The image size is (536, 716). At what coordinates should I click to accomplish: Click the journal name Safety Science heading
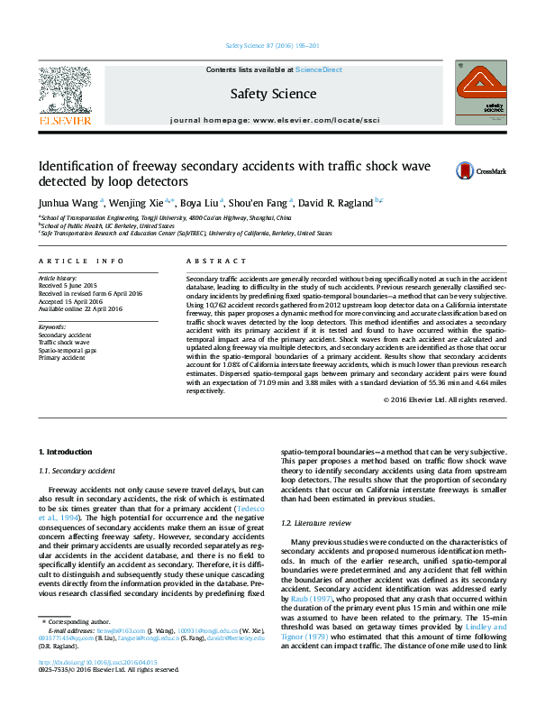tap(273, 94)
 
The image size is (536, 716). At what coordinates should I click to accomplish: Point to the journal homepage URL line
tap(275, 120)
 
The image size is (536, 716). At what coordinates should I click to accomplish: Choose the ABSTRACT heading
tap(204, 261)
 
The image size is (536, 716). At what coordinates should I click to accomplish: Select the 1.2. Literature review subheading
tap(315, 523)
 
